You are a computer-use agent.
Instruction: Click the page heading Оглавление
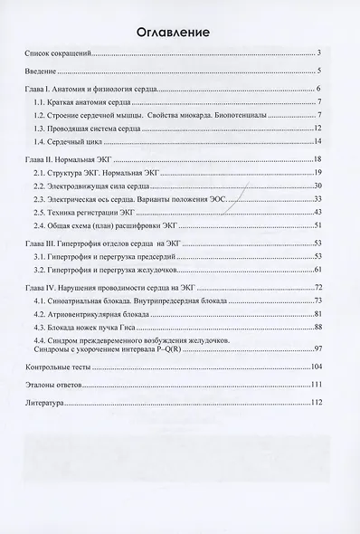coord(179,33)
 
